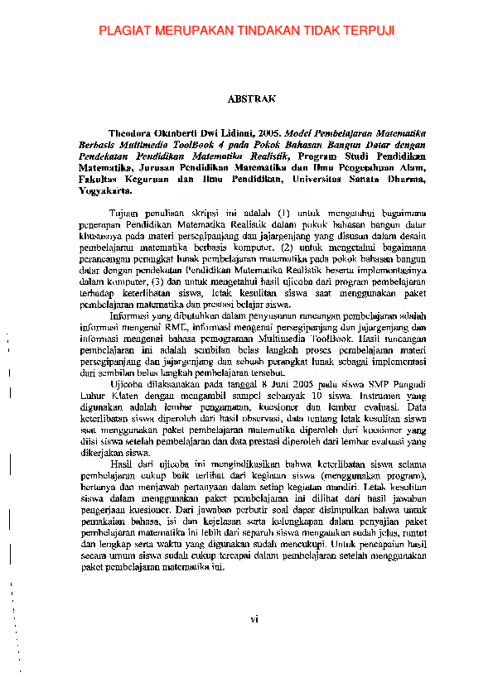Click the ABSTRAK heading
click(251, 99)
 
